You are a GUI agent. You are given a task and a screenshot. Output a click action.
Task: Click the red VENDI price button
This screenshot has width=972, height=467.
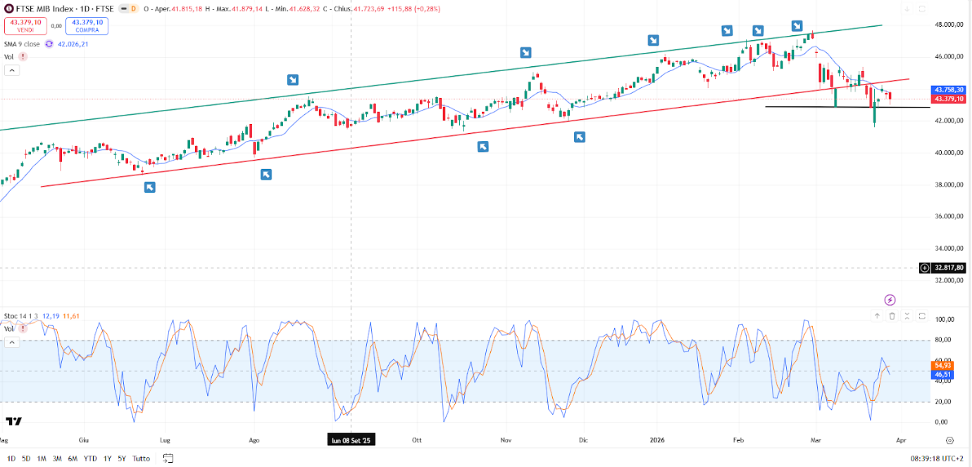25,26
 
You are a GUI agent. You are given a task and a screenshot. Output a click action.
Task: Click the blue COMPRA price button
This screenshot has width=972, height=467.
87,26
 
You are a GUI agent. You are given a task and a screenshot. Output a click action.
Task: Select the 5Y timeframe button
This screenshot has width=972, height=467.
122,459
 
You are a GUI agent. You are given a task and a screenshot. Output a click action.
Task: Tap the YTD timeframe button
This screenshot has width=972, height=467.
90,459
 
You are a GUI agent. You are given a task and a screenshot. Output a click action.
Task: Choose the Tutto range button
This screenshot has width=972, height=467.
142,459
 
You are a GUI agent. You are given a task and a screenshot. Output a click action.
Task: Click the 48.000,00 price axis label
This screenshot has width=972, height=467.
948,24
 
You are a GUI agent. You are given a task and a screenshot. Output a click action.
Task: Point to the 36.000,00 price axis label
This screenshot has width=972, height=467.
948,216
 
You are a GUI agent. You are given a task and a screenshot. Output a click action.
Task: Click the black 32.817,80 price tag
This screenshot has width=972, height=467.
949,268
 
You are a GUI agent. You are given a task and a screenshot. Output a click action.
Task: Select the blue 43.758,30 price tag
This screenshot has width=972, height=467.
948,90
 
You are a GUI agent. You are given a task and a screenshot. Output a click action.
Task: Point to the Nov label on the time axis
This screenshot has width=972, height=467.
506,440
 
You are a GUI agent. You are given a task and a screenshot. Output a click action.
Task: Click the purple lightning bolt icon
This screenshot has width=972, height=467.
890,299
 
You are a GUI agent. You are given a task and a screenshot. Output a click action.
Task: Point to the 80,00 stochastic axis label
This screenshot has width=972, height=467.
944,340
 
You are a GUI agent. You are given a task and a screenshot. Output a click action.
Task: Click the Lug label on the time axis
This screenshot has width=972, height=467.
166,440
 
